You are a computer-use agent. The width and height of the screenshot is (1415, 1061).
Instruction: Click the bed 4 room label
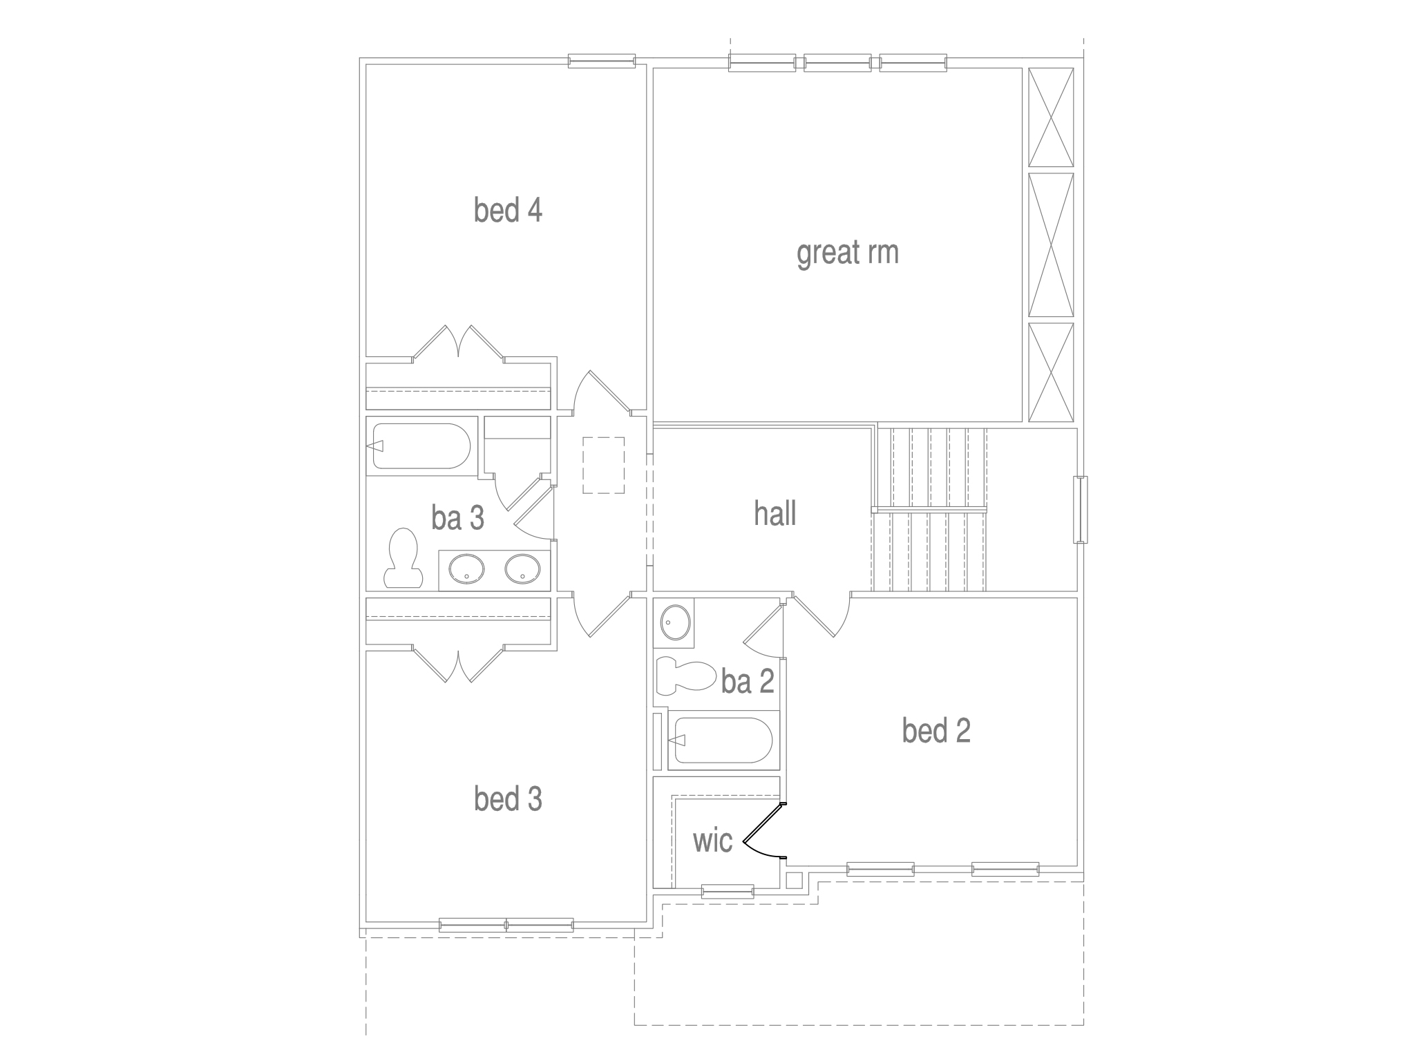point(508,210)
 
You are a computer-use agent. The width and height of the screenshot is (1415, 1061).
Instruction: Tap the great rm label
point(848,253)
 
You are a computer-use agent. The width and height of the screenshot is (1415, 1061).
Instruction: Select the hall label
point(775,514)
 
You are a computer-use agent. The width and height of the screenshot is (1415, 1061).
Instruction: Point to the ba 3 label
point(457,517)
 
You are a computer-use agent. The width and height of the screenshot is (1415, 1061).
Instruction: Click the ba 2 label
point(748,681)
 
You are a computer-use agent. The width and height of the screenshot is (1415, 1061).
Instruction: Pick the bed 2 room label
point(936,730)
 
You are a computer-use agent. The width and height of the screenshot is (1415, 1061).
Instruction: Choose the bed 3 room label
point(508,799)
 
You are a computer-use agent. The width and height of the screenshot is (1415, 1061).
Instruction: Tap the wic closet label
point(712,841)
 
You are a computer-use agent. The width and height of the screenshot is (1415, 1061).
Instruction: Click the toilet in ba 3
point(403,558)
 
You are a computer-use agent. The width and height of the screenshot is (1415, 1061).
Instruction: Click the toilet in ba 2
point(686,676)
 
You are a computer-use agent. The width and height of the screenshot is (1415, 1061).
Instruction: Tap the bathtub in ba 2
point(723,740)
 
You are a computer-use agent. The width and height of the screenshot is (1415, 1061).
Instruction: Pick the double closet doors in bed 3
point(458,665)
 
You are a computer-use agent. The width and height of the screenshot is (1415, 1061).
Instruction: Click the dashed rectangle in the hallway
point(603,465)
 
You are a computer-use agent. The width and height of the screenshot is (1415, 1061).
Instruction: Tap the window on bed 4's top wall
point(601,61)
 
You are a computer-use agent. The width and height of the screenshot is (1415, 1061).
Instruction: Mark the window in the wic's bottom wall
point(728,891)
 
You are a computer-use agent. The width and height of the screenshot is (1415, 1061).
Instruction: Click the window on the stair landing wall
point(1080,510)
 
